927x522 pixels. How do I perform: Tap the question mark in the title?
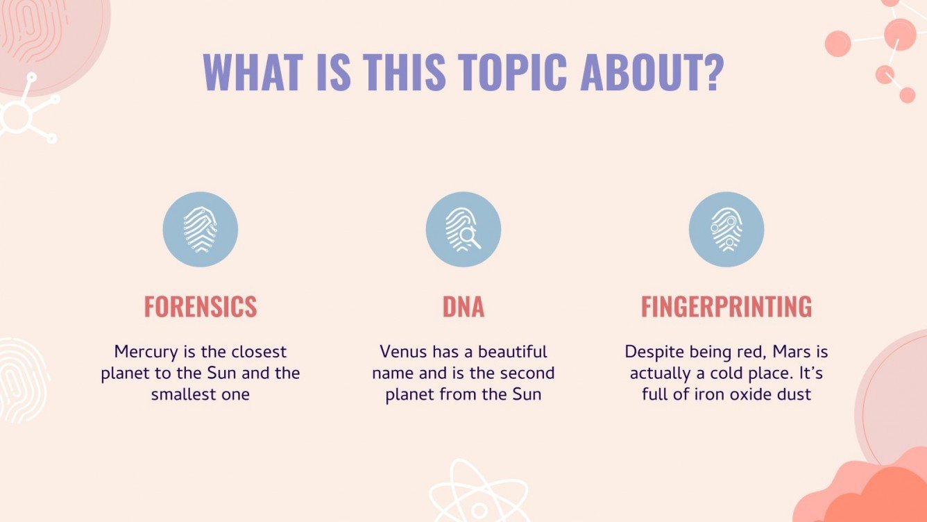click(x=711, y=71)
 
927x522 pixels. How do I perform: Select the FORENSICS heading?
click(x=201, y=306)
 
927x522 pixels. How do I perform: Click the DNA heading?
click(x=463, y=306)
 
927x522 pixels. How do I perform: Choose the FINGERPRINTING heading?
click(x=726, y=306)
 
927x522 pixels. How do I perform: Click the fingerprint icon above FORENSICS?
click(x=201, y=230)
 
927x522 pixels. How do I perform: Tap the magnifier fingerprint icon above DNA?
click(x=463, y=230)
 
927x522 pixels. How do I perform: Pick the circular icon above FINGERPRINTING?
click(x=726, y=230)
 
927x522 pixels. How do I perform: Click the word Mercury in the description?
click(x=142, y=352)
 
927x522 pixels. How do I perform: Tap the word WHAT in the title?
click(x=252, y=71)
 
